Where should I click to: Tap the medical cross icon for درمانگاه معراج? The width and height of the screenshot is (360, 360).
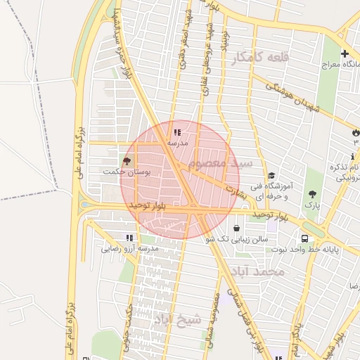pyautogui.click(x=345, y=53)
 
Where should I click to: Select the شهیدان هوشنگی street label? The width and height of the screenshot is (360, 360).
pyautogui.click(x=288, y=96)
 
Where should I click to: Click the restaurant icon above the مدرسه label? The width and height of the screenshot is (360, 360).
pyautogui.click(x=176, y=131)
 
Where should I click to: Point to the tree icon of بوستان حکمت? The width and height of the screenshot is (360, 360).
pyautogui.click(x=127, y=161)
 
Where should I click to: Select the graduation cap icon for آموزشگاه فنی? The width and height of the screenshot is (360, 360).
pyautogui.click(x=271, y=176)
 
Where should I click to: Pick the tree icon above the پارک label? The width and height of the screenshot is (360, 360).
pyautogui.click(x=312, y=193)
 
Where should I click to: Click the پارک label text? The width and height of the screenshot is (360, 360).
pyautogui.click(x=311, y=205)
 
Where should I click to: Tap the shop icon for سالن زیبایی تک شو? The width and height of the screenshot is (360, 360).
pyautogui.click(x=236, y=229)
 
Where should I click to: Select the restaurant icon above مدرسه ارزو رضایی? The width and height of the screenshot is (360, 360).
pyautogui.click(x=129, y=238)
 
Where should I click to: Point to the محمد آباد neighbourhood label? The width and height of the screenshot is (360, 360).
pyautogui.click(x=261, y=271)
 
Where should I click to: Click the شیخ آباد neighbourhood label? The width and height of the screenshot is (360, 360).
pyautogui.click(x=179, y=320)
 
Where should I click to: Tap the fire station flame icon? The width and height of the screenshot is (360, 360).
pyautogui.click(x=356, y=132)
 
